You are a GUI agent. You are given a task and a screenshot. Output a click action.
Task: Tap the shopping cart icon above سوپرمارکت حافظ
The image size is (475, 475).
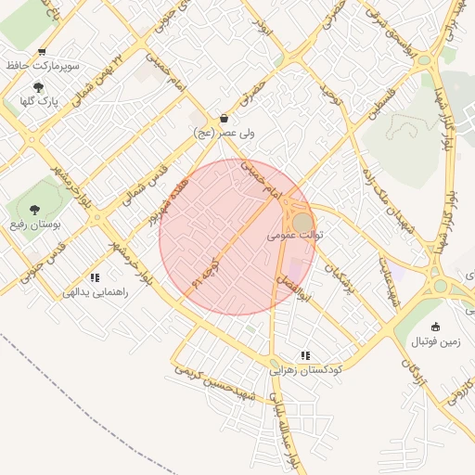tap(42, 53)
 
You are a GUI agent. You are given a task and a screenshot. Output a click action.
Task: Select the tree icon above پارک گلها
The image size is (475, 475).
tap(37, 86)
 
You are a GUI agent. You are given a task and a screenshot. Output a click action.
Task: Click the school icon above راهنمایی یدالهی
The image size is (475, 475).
tap(94, 277)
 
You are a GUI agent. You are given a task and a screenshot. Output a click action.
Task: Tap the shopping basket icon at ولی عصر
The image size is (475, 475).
tap(225, 120)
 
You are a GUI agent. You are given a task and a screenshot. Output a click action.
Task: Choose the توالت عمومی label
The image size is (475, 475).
tap(296, 236)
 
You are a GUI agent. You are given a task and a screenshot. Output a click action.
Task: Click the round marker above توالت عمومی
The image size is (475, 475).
tap(303, 222)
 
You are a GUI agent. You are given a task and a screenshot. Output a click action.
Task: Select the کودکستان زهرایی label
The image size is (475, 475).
tap(305, 369)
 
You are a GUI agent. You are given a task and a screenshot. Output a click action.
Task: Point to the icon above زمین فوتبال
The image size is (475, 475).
tap(436, 327)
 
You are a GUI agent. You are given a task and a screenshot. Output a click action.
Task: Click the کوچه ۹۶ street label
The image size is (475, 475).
tap(205, 271)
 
